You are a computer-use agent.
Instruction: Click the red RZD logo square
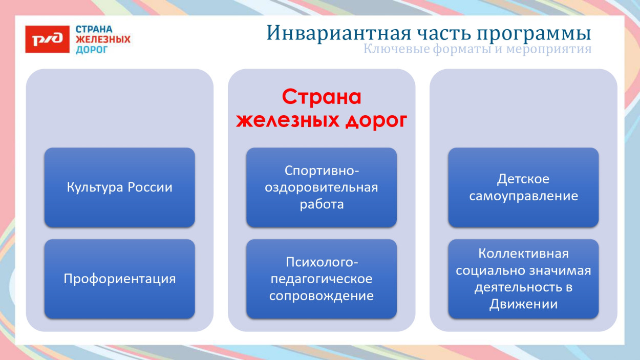click(x=47, y=39)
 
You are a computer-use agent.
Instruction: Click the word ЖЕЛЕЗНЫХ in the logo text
click(x=103, y=39)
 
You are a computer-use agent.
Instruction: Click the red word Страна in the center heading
click(x=322, y=97)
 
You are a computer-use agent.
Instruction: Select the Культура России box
click(x=119, y=187)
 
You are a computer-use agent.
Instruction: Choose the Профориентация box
click(x=119, y=279)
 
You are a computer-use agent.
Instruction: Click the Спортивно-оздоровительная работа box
click(x=321, y=187)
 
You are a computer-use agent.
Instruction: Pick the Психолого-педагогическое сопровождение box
click(x=321, y=279)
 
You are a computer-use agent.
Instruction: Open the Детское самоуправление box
click(x=523, y=187)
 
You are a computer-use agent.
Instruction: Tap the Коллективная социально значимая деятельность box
click(x=523, y=279)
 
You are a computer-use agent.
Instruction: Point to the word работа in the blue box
click(x=322, y=204)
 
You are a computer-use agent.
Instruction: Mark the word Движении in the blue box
click(x=523, y=304)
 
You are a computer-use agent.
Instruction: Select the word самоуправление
click(x=523, y=196)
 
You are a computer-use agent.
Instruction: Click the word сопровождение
click(x=322, y=296)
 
